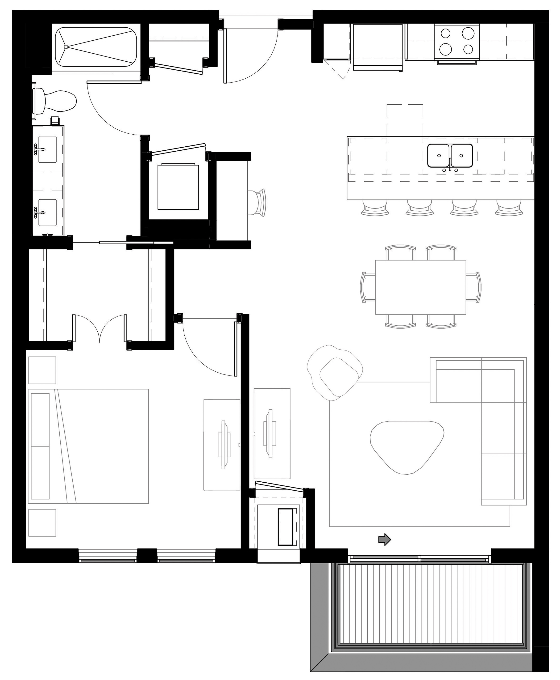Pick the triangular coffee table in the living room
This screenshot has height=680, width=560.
pyautogui.click(x=407, y=446)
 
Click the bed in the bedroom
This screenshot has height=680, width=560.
pyautogui.click(x=89, y=446)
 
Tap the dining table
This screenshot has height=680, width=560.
pyautogui.click(x=420, y=287)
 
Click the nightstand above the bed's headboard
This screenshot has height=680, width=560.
pyautogui.click(x=42, y=370)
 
